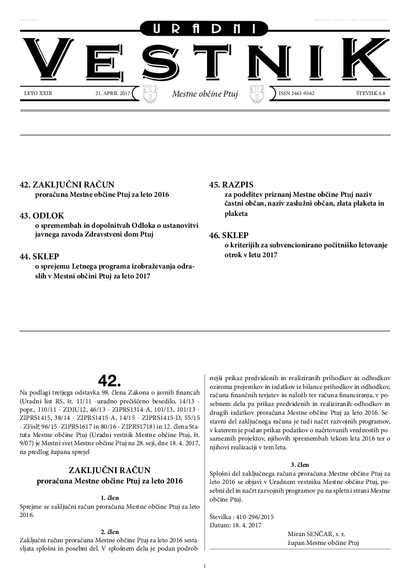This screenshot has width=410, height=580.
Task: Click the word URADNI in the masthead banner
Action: [x=205, y=29]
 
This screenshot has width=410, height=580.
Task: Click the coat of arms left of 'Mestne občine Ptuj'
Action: [x=150, y=94]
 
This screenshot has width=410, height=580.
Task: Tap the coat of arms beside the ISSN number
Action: [x=257, y=94]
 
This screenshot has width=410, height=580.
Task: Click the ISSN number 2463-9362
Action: [x=296, y=93]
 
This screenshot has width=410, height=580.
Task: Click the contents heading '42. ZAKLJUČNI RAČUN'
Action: [x=67, y=184]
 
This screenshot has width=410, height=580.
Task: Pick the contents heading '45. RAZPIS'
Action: [x=231, y=184]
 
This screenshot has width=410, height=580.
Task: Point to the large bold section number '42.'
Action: [x=109, y=381]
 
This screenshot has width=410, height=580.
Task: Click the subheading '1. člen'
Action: [x=109, y=498]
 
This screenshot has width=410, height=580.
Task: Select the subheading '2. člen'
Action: [x=109, y=531]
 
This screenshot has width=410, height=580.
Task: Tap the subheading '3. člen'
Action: [x=300, y=464]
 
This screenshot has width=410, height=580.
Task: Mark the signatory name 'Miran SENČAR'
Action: [x=309, y=534]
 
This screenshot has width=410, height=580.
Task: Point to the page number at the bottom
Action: [x=205, y=566]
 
